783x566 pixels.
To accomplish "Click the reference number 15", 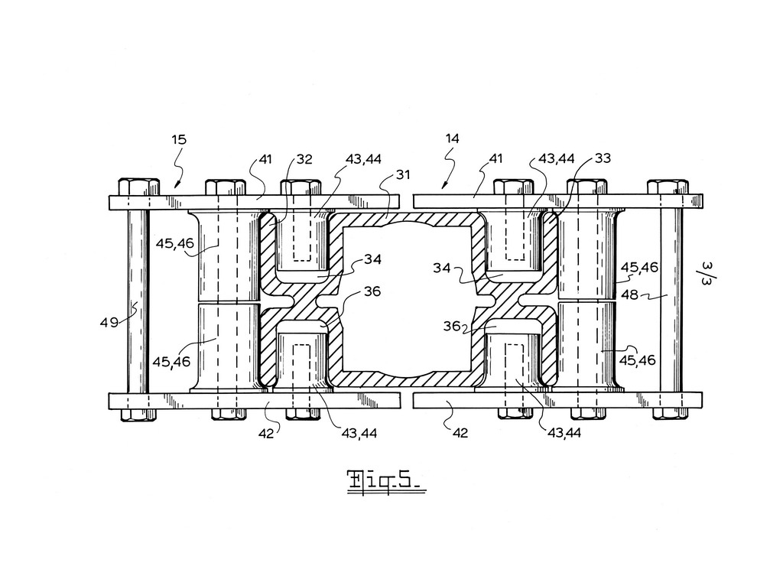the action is point(179,139).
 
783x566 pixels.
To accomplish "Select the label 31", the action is point(402,175).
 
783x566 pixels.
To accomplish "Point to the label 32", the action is point(304,159).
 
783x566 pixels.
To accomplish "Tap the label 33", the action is point(603,158).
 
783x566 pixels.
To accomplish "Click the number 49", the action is point(109,323).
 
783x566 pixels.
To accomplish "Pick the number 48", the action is point(629,294).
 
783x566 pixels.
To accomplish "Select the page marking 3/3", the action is point(706,273).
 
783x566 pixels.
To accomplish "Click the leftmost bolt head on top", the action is point(139,187).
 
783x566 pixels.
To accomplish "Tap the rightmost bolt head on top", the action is point(668,187).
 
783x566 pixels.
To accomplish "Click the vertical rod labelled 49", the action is point(138,301).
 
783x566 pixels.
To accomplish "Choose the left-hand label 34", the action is point(372,259).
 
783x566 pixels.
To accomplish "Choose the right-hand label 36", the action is point(452,326).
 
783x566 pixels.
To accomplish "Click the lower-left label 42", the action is point(266,434).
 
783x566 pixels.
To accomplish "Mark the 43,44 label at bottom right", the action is point(564,433).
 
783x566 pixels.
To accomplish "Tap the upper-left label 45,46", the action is point(174,244).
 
